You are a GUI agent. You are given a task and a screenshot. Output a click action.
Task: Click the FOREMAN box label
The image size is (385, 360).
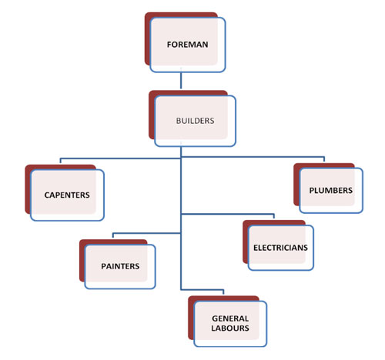tap(187, 45)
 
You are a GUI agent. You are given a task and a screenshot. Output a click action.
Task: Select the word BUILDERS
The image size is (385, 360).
tap(195, 121)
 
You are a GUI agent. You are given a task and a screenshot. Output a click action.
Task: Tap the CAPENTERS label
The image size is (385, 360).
tap(67, 195)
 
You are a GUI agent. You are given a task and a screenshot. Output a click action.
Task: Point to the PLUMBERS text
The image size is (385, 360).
tap(330, 191)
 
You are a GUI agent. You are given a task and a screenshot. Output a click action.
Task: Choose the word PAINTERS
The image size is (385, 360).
tap(120, 266)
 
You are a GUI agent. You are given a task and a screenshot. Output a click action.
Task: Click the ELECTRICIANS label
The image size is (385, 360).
tap(280, 248)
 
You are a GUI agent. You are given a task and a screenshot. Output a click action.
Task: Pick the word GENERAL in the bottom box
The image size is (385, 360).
tap(230, 318)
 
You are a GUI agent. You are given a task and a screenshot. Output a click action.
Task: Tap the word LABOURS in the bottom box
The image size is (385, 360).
tap(230, 328)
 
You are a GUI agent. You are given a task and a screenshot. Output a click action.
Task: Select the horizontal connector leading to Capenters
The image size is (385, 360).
tap(120, 158)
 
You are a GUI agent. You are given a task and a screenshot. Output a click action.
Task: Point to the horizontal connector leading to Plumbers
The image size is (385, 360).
tap(253, 157)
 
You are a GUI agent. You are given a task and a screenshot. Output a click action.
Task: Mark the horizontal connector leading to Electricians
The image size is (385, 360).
tap(228, 214)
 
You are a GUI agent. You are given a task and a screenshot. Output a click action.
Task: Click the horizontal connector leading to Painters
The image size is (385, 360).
tap(147, 233)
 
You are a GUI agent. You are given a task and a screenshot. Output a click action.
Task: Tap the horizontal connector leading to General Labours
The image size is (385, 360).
tap(203, 290)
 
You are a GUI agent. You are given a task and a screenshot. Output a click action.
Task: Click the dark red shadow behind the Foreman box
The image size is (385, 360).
tap(147, 38)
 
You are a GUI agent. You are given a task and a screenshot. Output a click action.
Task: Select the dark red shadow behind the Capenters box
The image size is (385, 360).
tap(28, 190)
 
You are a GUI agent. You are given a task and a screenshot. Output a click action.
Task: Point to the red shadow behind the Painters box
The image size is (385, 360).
tap(82, 260)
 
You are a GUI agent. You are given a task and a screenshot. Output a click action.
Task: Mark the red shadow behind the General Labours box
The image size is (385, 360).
tap(191, 318)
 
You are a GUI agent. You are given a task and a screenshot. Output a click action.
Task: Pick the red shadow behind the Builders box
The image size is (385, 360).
tap(152, 115)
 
